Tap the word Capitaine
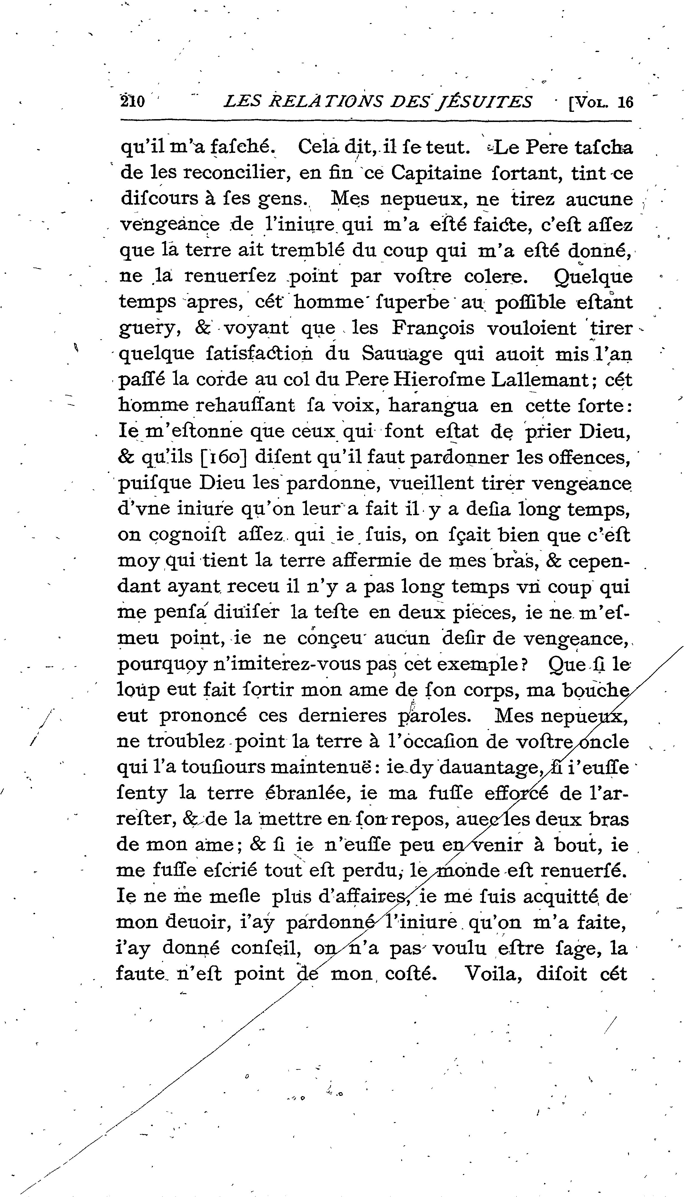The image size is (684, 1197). pos(436,173)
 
